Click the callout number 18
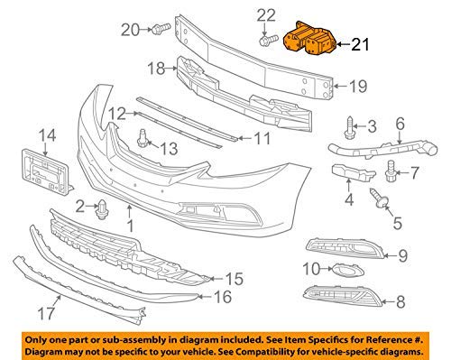click(156, 68)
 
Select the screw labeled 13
click(143, 137)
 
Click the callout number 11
click(261, 138)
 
